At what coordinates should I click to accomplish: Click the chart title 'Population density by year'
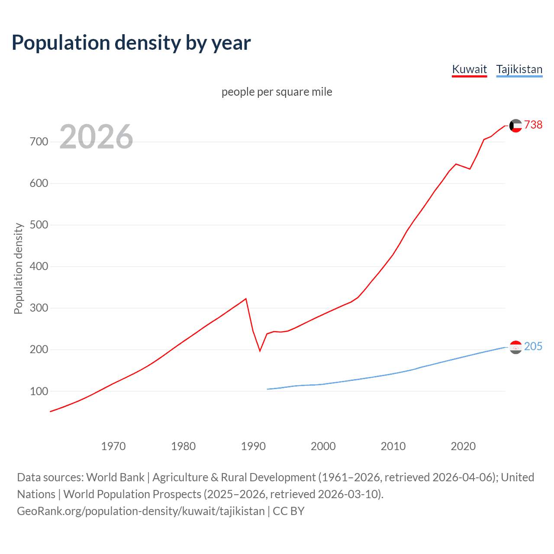pos(131,43)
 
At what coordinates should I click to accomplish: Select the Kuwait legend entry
pos(469,69)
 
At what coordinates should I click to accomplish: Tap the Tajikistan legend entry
pos(519,69)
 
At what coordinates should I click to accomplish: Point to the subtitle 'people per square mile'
pos(277,92)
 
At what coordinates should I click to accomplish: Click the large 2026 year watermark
pos(96,137)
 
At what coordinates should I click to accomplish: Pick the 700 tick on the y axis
pos(39,142)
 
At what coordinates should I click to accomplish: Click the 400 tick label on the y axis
pos(39,267)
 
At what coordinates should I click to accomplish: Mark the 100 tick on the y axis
pos(39,391)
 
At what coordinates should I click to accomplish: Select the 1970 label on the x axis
pos(113,446)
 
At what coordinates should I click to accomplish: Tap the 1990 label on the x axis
pos(253,446)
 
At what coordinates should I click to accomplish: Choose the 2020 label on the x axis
pos(463,446)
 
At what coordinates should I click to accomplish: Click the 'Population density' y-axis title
pos(18,268)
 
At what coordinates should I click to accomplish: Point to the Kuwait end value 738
pos(533,125)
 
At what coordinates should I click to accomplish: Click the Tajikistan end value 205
pos(533,346)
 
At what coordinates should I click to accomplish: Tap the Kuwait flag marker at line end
pos(515,126)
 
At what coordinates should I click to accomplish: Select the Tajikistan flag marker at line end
pos(515,347)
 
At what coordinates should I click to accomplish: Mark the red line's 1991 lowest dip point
pos(260,351)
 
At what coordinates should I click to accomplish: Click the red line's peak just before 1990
pos(246,299)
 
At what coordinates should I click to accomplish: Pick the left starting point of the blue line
pos(267,389)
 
